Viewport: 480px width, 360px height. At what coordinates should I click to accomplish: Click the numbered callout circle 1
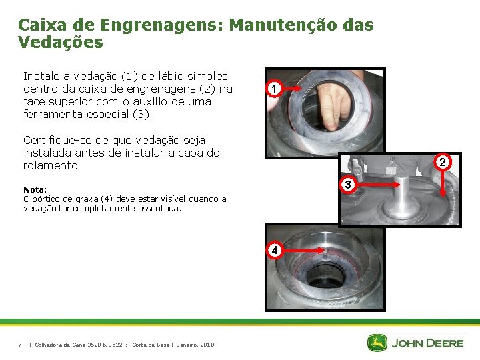click(x=274, y=89)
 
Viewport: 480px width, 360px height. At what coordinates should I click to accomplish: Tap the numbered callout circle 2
click(x=443, y=162)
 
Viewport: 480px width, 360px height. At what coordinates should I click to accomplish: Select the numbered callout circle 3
click(x=348, y=185)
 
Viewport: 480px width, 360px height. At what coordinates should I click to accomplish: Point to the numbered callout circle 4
click(x=274, y=251)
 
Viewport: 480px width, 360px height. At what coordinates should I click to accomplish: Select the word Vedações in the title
click(x=61, y=42)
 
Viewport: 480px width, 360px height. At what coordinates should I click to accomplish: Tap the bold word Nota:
click(x=35, y=190)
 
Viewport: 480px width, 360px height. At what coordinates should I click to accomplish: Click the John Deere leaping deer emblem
click(x=377, y=343)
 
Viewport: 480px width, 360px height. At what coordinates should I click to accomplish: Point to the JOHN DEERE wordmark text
click(x=427, y=343)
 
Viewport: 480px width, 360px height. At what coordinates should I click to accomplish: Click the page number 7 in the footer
click(x=20, y=345)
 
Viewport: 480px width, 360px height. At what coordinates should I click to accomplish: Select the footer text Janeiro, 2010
click(x=195, y=345)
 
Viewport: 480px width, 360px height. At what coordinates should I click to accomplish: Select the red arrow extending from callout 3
click(x=379, y=185)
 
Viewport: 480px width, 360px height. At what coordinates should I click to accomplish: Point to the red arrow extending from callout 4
click(x=304, y=251)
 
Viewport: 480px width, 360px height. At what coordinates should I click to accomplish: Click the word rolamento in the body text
click(x=51, y=165)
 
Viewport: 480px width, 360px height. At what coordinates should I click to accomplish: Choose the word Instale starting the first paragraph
click(x=41, y=76)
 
